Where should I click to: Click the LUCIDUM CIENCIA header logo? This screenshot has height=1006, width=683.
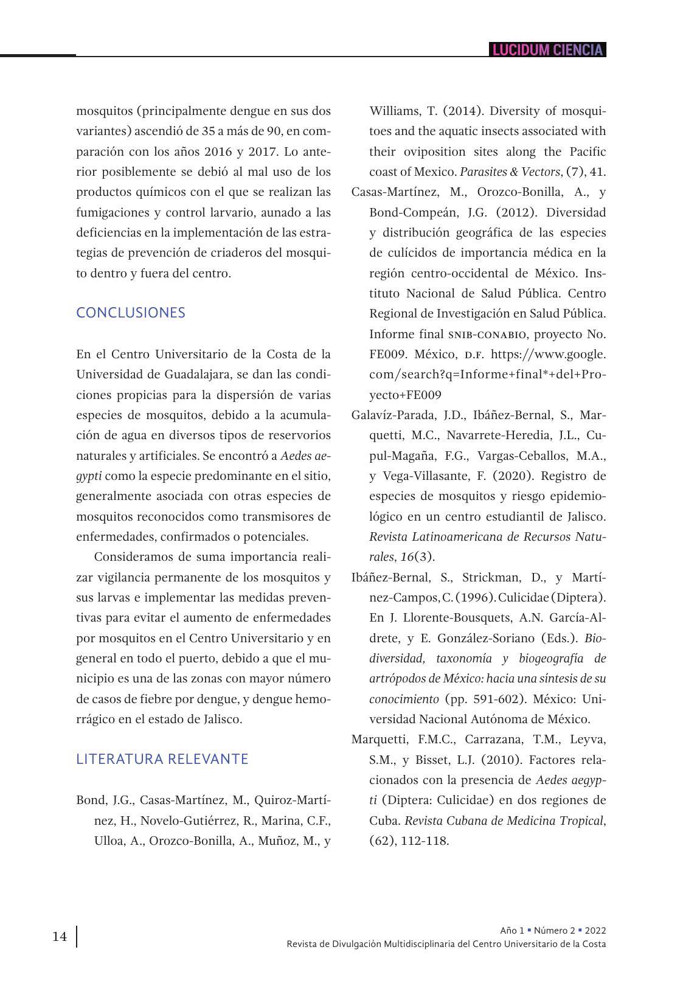coord(547,50)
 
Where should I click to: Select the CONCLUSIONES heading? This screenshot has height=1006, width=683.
coord(131,313)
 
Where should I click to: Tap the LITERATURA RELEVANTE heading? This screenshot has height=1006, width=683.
coord(162,759)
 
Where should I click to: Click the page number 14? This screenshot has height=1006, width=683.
coord(60,937)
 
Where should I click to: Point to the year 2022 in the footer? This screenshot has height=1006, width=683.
coord(595,931)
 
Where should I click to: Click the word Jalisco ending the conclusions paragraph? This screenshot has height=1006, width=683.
coord(223,720)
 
